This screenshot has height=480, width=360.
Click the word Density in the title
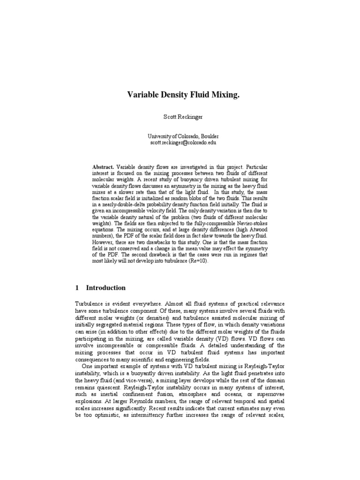coord(173,95)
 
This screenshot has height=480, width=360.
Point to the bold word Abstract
coord(103,166)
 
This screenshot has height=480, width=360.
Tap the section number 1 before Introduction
coord(77,287)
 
